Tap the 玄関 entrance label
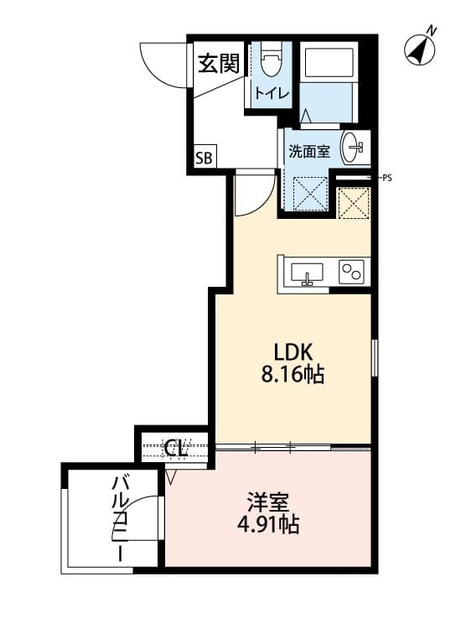219,63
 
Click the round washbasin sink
353,148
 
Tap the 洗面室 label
309,152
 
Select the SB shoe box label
205,157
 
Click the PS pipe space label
386,178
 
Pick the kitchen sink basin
307,272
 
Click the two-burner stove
350,272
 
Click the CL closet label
175,447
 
